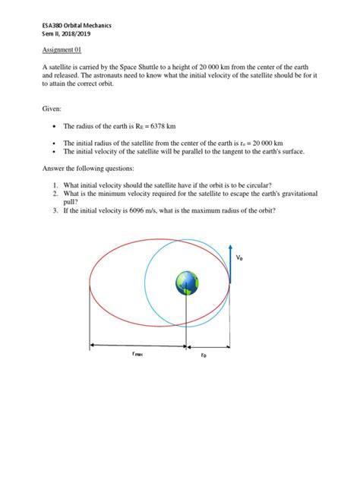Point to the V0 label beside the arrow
point(240,258)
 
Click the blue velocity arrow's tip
point(229,245)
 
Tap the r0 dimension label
point(204,355)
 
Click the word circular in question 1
point(276,185)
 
